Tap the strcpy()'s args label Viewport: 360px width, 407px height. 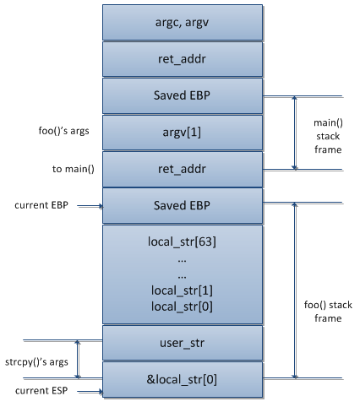coord(35,361)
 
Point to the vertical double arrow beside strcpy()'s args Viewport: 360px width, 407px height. coord(79,361)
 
